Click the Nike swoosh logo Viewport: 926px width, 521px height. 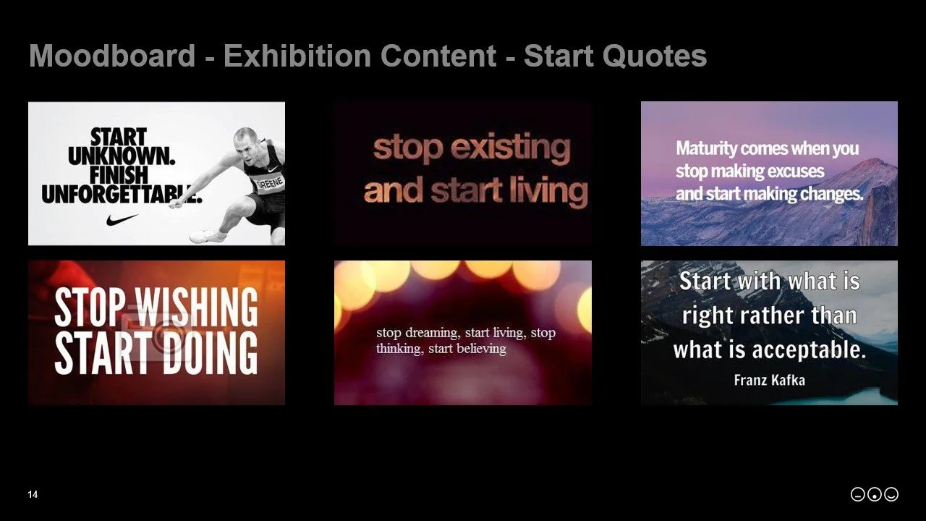122,219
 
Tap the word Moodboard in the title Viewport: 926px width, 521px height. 112,56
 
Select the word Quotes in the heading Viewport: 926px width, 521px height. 651,56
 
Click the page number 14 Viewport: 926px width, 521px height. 33,495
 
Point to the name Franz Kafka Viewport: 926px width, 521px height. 769,380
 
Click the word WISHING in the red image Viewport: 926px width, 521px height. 197,307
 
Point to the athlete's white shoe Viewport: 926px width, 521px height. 207,236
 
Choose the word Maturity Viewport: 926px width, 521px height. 706,149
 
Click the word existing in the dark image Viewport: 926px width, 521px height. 511,148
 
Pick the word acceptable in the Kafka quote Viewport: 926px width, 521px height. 808,350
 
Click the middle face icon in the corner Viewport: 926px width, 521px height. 874,495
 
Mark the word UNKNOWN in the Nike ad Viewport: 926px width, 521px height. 122,156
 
